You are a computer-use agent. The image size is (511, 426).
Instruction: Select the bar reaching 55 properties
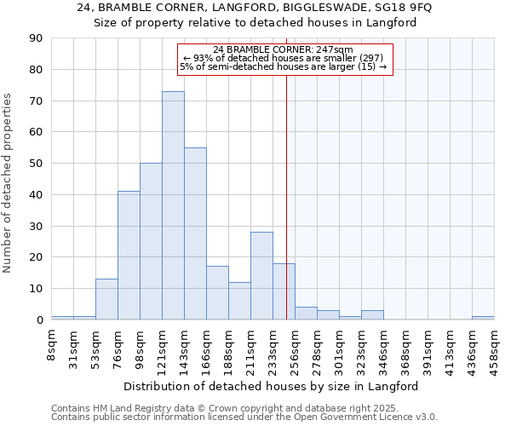[195, 233]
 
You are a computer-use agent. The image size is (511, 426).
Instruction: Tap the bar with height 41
[129, 256]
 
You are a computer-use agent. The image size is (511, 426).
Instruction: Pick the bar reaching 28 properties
[261, 276]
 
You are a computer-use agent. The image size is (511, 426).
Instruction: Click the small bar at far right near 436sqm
[482, 318]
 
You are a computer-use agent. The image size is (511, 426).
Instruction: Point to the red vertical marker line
[286, 187]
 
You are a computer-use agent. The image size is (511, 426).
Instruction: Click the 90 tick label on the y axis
[36, 38]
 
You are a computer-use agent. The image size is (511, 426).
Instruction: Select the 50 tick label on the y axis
[36, 164]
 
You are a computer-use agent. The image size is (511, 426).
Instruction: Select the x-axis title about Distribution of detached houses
[277, 386]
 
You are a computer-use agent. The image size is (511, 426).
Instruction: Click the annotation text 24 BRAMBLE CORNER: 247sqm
[283, 49]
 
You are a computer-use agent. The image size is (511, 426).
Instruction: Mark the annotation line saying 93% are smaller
[283, 58]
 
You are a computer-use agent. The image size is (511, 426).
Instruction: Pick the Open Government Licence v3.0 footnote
[243, 417]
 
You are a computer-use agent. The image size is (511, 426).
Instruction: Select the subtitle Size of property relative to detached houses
[255, 23]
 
